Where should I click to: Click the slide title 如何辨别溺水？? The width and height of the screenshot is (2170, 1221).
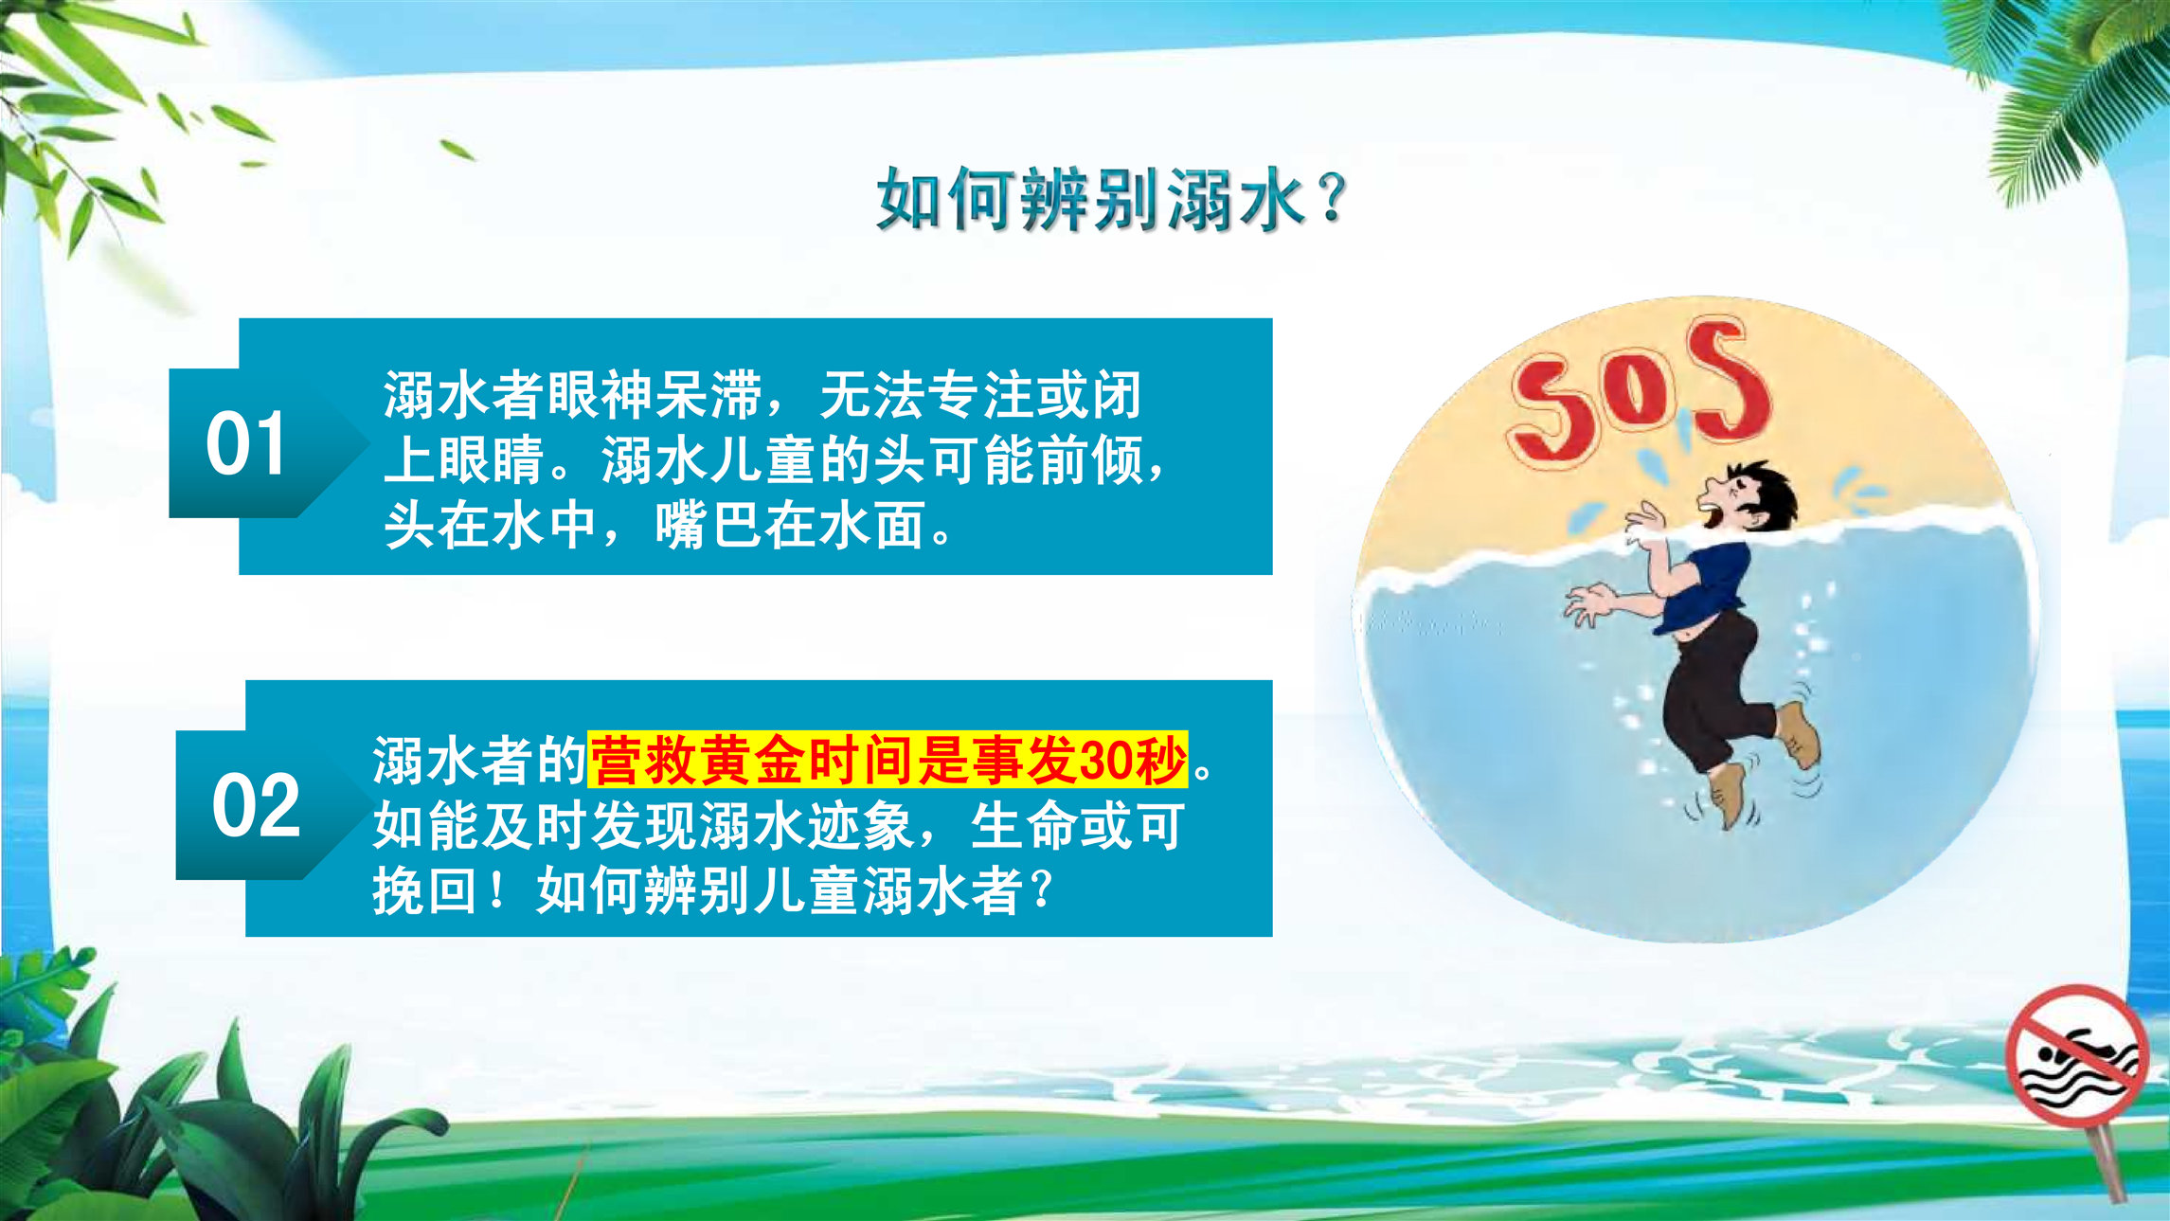(x=1111, y=200)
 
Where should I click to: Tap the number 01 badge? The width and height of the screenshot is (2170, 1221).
(x=246, y=443)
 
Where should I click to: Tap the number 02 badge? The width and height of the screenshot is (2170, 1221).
(x=256, y=805)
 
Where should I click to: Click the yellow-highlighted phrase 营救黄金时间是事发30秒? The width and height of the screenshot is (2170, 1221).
(x=888, y=760)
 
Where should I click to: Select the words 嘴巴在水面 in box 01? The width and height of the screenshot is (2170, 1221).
(x=790, y=526)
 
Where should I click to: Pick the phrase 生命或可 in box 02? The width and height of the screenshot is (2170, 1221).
(x=1077, y=826)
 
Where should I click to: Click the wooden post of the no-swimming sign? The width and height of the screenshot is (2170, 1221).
(x=2109, y=1165)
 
